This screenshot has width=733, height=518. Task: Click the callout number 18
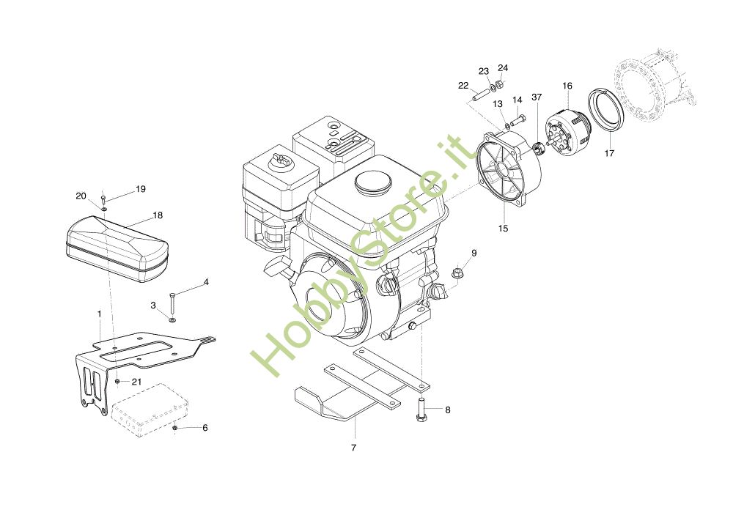pos(158,215)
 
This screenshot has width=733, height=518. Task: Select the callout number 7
pos(353,447)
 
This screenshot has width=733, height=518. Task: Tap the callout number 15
pos(503,229)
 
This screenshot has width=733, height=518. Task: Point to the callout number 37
pos(537,97)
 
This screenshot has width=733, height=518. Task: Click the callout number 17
pos(609,154)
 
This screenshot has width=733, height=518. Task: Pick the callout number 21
pos(136,382)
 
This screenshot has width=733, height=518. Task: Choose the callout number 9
pos(474,253)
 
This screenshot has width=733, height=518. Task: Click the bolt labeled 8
pos(422,407)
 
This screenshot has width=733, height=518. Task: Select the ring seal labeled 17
pos(607,109)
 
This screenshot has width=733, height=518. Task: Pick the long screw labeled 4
pos(172,303)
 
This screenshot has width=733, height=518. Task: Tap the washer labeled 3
pos(172,319)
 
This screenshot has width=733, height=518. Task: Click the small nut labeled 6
pos(175,427)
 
